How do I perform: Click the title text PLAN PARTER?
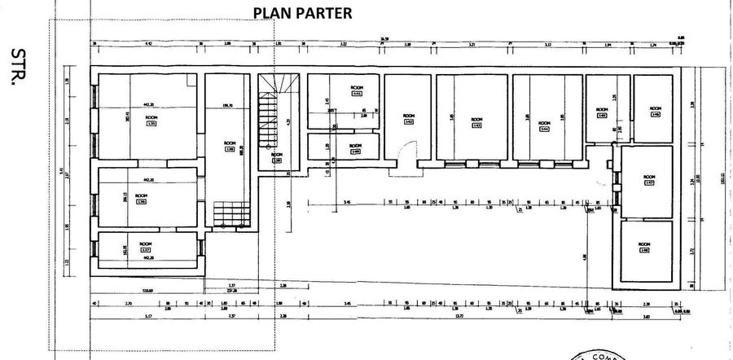(303, 13)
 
